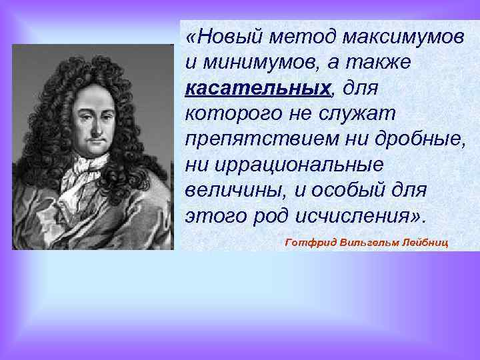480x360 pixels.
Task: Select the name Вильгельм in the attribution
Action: coord(369,242)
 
